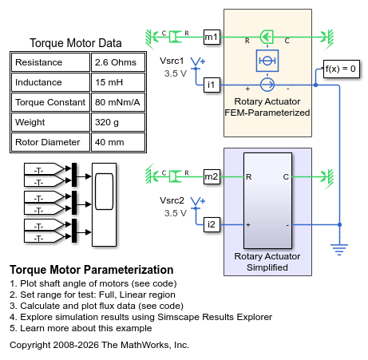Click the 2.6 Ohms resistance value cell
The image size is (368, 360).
pyautogui.click(x=118, y=62)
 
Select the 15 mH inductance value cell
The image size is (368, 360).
pyautogui.click(x=118, y=82)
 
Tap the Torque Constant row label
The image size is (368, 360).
pyautogui.click(x=50, y=102)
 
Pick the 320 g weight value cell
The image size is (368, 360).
pyautogui.click(x=118, y=122)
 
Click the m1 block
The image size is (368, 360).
pyautogui.click(x=212, y=37)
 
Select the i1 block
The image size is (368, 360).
pyautogui.click(x=212, y=85)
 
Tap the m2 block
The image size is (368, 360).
pyautogui.click(x=212, y=176)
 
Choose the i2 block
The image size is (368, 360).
pyautogui.click(x=212, y=224)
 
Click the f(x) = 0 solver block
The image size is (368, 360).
pyautogui.click(x=342, y=69)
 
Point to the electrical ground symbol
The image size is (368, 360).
pyautogui.click(x=339, y=250)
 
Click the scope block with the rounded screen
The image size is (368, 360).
pyautogui.click(x=104, y=204)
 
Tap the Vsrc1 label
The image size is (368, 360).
pyautogui.click(x=172, y=61)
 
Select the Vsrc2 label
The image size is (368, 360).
pyautogui.click(x=172, y=200)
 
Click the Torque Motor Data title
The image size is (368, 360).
pyautogui.click(x=76, y=43)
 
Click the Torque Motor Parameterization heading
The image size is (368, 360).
pyautogui.click(x=92, y=270)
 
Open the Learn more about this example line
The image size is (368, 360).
pyautogui.click(x=81, y=328)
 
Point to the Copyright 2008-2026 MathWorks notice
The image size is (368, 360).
pyautogui.click(x=99, y=345)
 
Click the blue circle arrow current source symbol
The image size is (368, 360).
pyautogui.click(x=267, y=85)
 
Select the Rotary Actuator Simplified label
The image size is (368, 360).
pyautogui.click(x=267, y=262)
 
